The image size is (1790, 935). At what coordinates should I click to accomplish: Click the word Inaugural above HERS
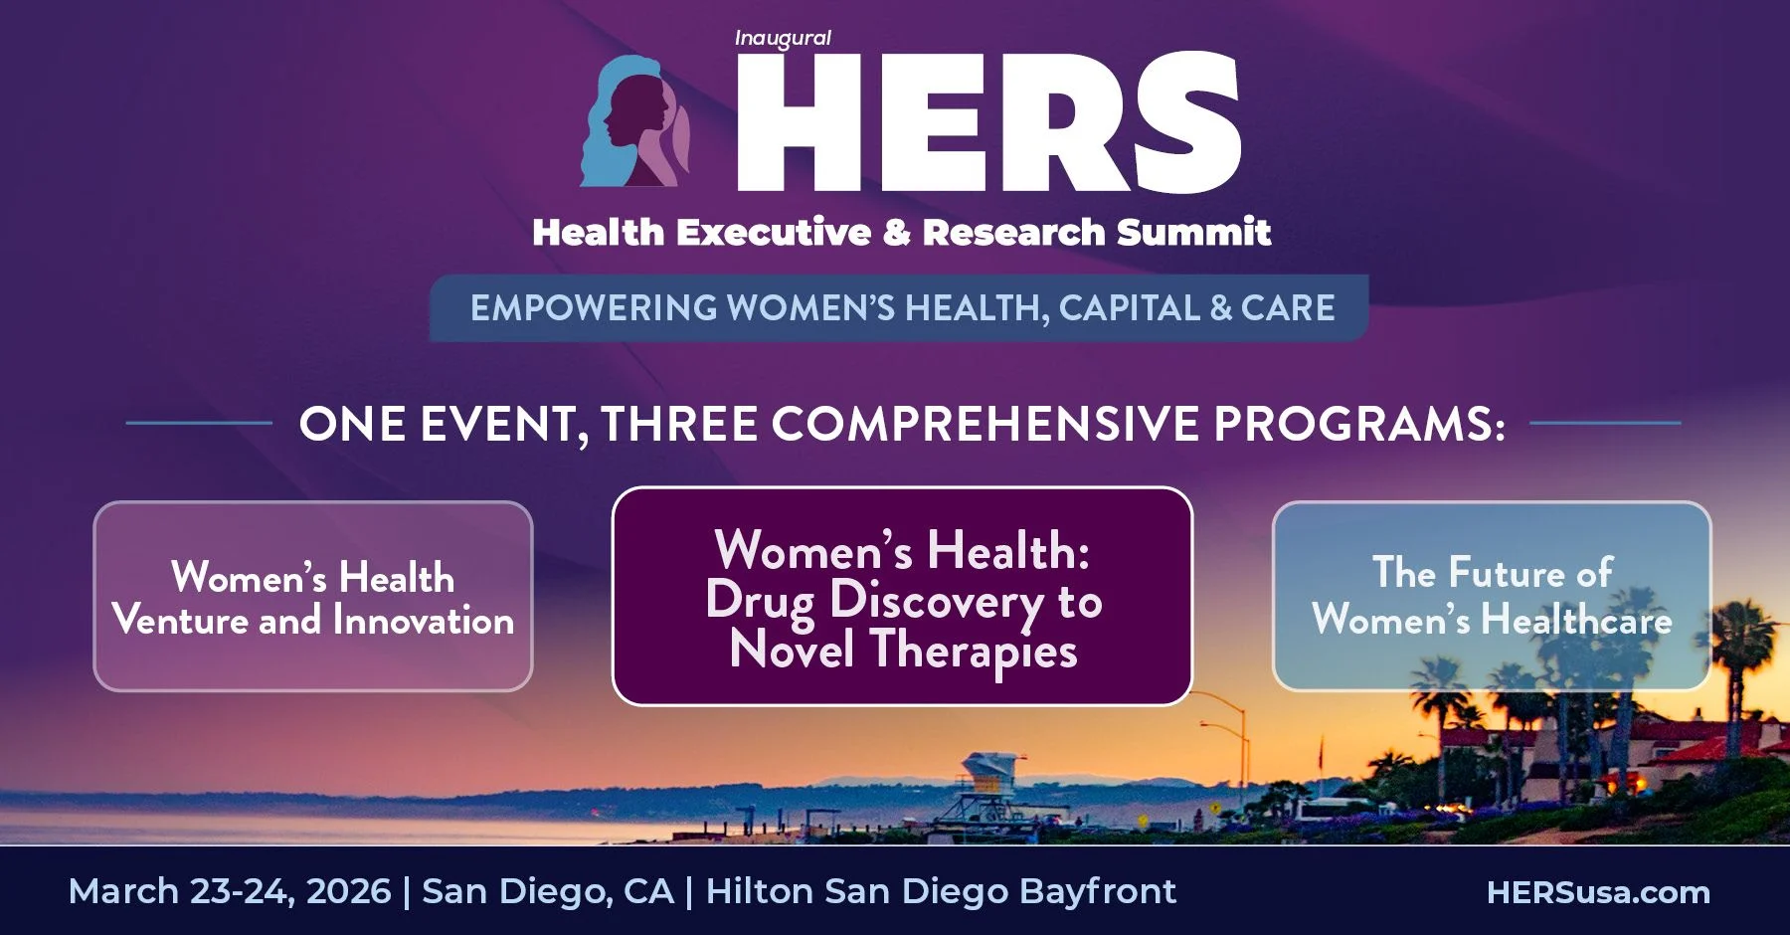click(x=783, y=39)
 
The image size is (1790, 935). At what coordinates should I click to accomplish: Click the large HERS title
click(x=988, y=121)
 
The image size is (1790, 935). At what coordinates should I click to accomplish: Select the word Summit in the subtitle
click(x=1193, y=232)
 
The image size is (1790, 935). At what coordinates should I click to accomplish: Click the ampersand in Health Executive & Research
click(x=896, y=232)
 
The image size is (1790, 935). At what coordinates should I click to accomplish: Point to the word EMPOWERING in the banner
click(x=594, y=308)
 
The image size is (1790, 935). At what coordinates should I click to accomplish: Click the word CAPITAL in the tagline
click(x=1130, y=308)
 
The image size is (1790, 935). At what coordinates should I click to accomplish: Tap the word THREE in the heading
click(x=680, y=424)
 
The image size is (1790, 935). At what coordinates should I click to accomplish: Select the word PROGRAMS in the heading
click(x=1358, y=424)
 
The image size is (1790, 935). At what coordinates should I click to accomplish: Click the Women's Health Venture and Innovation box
click(x=313, y=596)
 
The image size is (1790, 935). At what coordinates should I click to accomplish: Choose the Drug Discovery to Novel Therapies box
click(x=902, y=596)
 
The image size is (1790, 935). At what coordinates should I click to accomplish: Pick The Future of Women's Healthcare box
click(x=1492, y=596)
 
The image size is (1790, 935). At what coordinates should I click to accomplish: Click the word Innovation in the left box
click(x=424, y=621)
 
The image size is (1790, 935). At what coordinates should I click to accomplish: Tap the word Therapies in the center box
click(x=974, y=653)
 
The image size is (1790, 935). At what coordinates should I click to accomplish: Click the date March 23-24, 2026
click(x=230, y=891)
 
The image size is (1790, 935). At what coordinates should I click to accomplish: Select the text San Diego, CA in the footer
click(x=548, y=891)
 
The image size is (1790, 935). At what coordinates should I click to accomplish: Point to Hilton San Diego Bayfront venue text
click(x=941, y=891)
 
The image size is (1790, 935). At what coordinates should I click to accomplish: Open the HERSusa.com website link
click(x=1598, y=892)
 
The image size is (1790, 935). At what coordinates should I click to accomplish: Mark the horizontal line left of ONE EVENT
click(x=199, y=424)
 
